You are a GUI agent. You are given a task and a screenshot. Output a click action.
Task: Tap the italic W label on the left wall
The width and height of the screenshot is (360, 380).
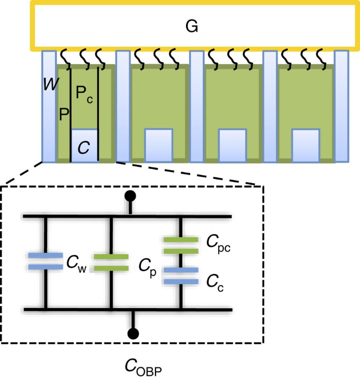(51, 83)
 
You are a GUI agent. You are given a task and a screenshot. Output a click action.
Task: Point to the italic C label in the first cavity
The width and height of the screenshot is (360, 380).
(84, 147)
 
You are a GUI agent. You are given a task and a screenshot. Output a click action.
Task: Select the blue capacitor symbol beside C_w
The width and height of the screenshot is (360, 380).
(46, 261)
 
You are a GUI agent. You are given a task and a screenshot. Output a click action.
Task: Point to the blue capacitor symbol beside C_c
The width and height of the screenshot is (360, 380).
(180, 276)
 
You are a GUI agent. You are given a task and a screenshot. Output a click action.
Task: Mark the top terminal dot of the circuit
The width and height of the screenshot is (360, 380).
(130, 197)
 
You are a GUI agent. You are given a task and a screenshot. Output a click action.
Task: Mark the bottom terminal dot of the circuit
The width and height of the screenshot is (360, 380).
(135, 333)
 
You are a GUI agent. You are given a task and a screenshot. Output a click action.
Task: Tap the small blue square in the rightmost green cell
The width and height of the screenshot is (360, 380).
(306, 143)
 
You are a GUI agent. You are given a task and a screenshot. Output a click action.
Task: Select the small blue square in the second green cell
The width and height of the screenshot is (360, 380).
(159, 143)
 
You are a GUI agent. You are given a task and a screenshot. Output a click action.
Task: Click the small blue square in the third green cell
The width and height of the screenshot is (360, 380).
(232, 143)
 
